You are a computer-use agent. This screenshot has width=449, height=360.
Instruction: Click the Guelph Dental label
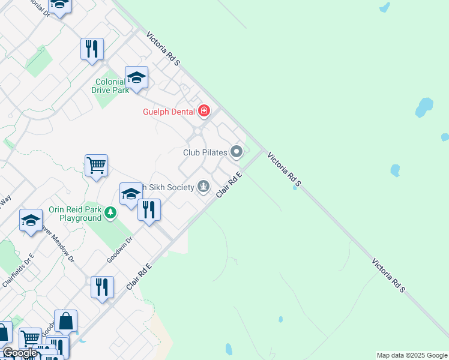click(x=169, y=112)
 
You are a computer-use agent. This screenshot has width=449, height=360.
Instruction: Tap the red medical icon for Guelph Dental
click(x=205, y=111)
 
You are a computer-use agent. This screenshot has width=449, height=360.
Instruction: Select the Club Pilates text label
click(x=205, y=152)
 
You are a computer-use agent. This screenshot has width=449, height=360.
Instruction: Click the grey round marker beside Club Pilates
click(x=237, y=152)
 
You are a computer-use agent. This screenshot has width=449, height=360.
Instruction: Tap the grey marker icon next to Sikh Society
click(x=204, y=187)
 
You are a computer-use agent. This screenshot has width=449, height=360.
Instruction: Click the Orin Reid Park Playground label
click(x=76, y=214)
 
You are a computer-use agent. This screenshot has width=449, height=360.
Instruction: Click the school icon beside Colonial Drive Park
click(x=136, y=77)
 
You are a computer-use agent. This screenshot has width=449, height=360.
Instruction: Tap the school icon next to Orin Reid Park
click(x=130, y=194)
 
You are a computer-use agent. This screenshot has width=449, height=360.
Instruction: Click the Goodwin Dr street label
click(x=119, y=250)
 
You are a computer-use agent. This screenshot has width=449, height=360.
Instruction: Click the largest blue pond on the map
click(x=424, y=107)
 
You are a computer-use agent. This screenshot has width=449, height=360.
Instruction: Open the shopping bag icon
click(x=65, y=322)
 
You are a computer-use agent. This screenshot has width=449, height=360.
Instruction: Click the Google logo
click(x=20, y=353)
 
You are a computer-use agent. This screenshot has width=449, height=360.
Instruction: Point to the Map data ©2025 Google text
click(x=412, y=355)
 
